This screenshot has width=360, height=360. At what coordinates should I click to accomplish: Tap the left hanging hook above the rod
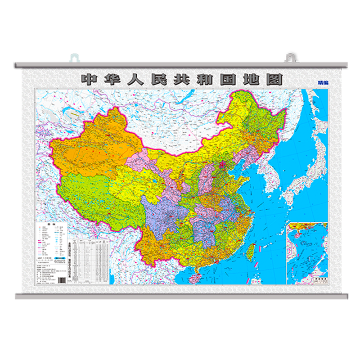pyautogui.click(x=74, y=58)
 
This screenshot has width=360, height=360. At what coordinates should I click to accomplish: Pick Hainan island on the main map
pyautogui.click(x=195, y=278)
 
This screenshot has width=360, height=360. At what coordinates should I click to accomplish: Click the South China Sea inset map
pyautogui.click(x=307, y=252)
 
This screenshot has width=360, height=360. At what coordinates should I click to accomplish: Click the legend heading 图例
pyautogui.click(x=50, y=225)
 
